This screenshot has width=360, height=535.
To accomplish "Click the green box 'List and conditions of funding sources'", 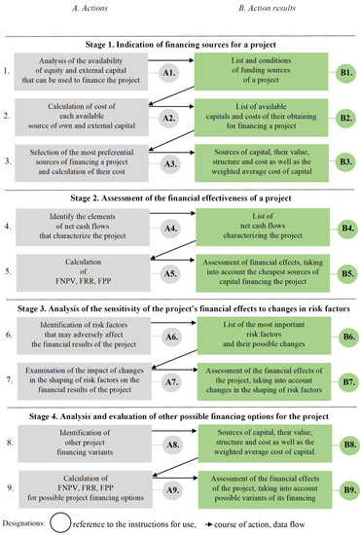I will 263,72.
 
